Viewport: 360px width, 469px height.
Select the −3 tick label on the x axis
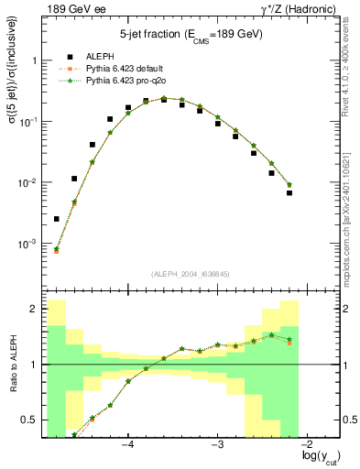click(217, 444)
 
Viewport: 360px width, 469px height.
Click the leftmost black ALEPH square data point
click(57, 219)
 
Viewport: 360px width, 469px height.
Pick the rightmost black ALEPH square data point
click(289, 192)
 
